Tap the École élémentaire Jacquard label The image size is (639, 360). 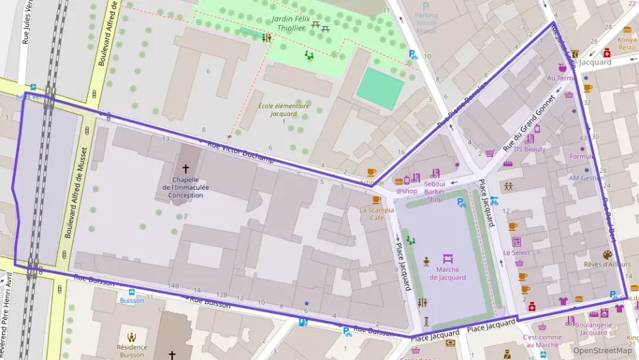[283, 110]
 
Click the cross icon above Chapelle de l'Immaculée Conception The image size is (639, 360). [185, 167]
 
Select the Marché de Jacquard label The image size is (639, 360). [447, 273]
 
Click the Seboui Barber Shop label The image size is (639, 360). [434, 192]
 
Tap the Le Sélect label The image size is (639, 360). [516, 252]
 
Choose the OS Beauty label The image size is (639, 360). [529, 149]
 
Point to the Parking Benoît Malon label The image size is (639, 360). [426, 23]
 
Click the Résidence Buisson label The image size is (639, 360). [132, 351]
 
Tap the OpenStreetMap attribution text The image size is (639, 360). [602, 350]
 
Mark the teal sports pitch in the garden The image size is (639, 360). [380, 88]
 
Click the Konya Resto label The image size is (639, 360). [627, 44]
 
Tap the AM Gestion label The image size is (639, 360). [586, 178]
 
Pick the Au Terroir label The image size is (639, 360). [562, 78]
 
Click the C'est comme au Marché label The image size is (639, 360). [542, 341]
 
